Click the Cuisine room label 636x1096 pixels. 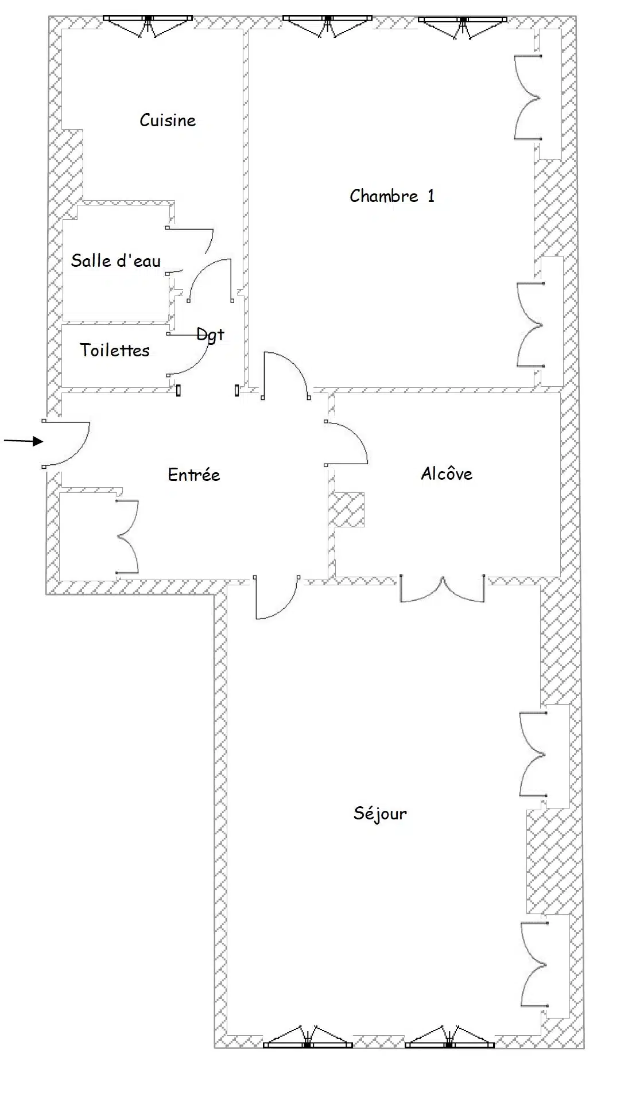[168, 120]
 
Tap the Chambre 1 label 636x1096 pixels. [392, 196]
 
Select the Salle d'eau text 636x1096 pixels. [116, 261]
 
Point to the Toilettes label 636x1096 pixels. [115, 350]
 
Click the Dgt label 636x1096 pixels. [210, 335]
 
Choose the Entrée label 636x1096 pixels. [194, 475]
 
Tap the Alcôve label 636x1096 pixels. [447, 473]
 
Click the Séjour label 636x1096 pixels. [380, 814]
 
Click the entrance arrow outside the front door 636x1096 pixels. [24, 441]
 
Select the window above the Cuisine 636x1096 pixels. [148, 25]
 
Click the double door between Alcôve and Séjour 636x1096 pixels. [442, 589]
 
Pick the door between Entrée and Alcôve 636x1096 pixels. [346, 442]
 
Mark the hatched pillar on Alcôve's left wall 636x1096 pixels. [347, 510]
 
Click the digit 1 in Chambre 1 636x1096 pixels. [431, 196]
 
